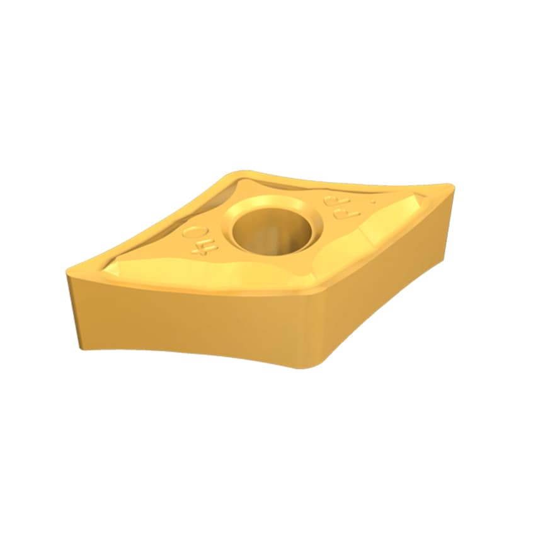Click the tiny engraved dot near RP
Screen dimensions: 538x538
[x=373, y=202]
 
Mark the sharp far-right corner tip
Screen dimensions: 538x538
[x=449, y=186]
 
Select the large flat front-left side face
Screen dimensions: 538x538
[x=189, y=321]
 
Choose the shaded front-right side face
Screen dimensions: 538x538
[x=384, y=277]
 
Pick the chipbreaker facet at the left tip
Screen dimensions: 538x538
[x=120, y=268]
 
